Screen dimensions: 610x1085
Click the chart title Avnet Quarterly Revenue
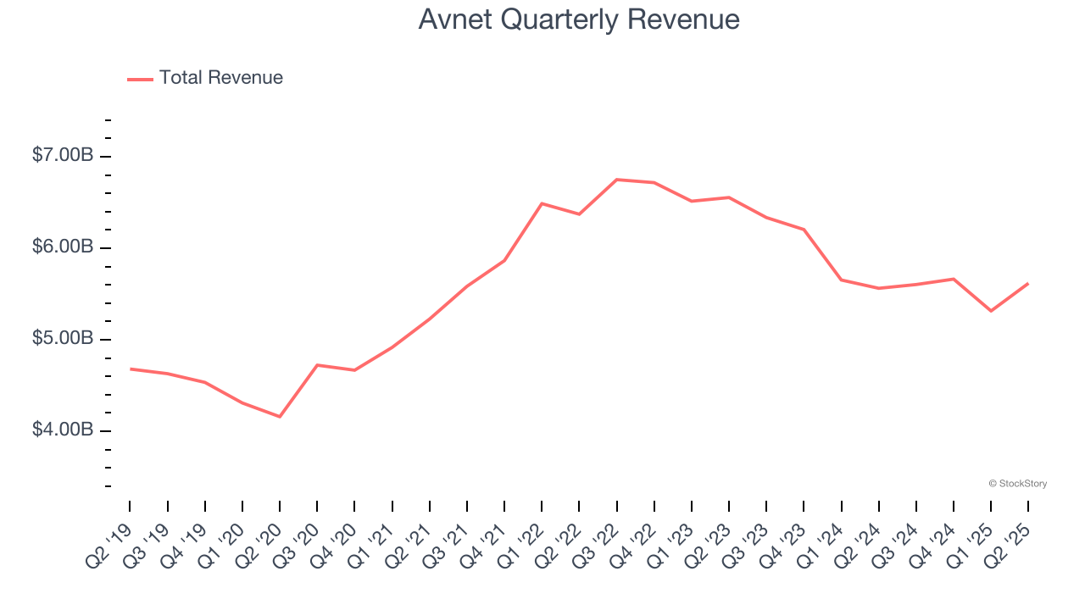pos(579,19)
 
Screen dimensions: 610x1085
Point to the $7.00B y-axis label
pos(63,156)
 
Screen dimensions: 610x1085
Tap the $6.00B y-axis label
pos(63,247)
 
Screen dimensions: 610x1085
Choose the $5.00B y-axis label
pos(63,339)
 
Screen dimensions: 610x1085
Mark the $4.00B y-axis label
pos(63,430)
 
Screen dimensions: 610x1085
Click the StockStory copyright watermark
pos(1017,484)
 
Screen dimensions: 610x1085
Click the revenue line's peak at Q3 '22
pos(616,180)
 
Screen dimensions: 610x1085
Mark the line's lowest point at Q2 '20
pos(280,417)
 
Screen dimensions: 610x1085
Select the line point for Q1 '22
pos(542,203)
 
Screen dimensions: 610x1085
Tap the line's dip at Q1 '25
pos(991,311)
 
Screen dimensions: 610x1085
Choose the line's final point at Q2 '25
pos(1028,283)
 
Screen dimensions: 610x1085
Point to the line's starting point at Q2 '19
pos(130,369)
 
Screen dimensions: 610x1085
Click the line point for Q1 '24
pos(841,280)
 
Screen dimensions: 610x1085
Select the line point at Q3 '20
pos(317,365)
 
